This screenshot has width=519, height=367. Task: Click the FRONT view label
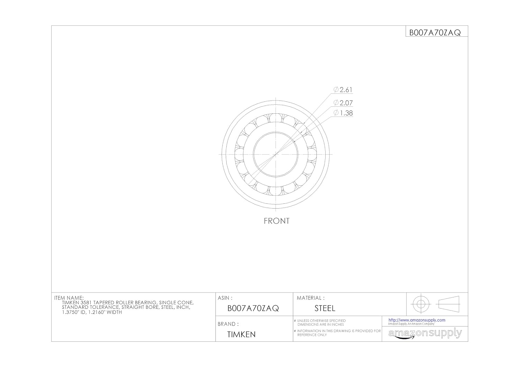click(276, 221)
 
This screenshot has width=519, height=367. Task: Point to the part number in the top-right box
click(435, 33)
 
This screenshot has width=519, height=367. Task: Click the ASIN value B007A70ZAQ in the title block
click(253, 308)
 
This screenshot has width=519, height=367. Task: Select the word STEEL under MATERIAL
click(325, 308)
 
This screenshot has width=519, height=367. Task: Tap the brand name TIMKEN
click(242, 334)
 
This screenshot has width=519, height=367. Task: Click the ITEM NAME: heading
click(69, 298)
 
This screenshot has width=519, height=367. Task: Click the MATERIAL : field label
click(311, 298)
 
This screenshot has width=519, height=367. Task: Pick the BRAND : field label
click(228, 324)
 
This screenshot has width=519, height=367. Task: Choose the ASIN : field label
click(225, 298)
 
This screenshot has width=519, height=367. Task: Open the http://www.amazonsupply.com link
click(417, 320)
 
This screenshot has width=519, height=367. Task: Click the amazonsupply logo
click(425, 334)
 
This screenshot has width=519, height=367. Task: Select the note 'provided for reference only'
click(338, 333)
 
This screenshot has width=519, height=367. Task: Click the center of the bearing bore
click(276, 154)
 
